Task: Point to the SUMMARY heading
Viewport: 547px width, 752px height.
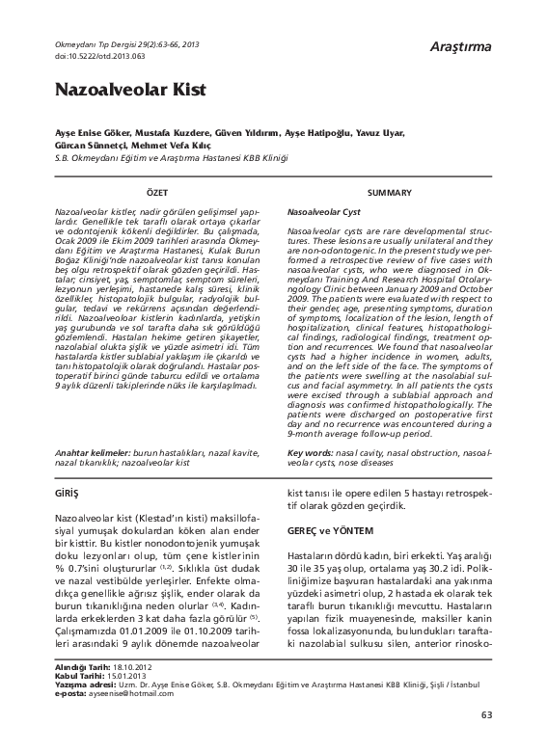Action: pyautogui.click(x=390, y=193)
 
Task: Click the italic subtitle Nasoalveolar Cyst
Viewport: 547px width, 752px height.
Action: pyautogui.click(x=324, y=210)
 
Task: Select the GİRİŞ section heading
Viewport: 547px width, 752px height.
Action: pyautogui.click(x=68, y=492)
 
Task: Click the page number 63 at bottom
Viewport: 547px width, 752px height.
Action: pyautogui.click(x=485, y=741)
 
